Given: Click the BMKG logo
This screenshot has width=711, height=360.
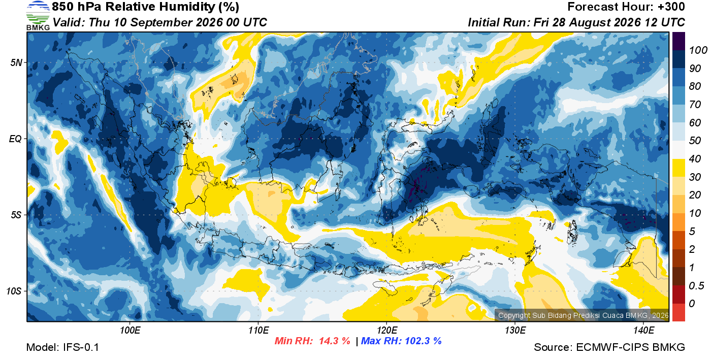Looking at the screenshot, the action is point(38,16).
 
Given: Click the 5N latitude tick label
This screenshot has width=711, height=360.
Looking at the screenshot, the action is point(16,63).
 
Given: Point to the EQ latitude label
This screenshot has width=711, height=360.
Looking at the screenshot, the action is point(15,139).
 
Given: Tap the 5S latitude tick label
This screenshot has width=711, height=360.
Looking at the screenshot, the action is point(16,215).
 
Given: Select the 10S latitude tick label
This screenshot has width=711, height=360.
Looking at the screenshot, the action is point(14,291).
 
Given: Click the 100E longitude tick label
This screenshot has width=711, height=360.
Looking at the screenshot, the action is point(130,331).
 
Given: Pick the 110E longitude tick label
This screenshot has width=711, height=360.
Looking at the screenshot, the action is point(258,331).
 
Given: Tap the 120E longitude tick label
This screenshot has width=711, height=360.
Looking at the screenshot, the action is point(386,331).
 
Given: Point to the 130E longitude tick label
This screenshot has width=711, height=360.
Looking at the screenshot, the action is point(515,331).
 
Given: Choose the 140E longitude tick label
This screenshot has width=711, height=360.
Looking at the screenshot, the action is point(643,331).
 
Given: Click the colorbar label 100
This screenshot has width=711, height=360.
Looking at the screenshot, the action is point(698,50).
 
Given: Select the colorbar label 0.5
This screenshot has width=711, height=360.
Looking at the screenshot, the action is point(696,286).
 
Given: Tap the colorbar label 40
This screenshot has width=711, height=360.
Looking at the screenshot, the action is point(695,159).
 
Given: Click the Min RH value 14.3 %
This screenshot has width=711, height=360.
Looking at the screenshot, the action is point(335,341).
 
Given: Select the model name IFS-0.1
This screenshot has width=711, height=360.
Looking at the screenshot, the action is point(81,347).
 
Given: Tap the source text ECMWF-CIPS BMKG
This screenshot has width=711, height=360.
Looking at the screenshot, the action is point(630,347).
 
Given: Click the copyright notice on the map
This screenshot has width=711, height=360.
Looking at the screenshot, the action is point(583,315).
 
